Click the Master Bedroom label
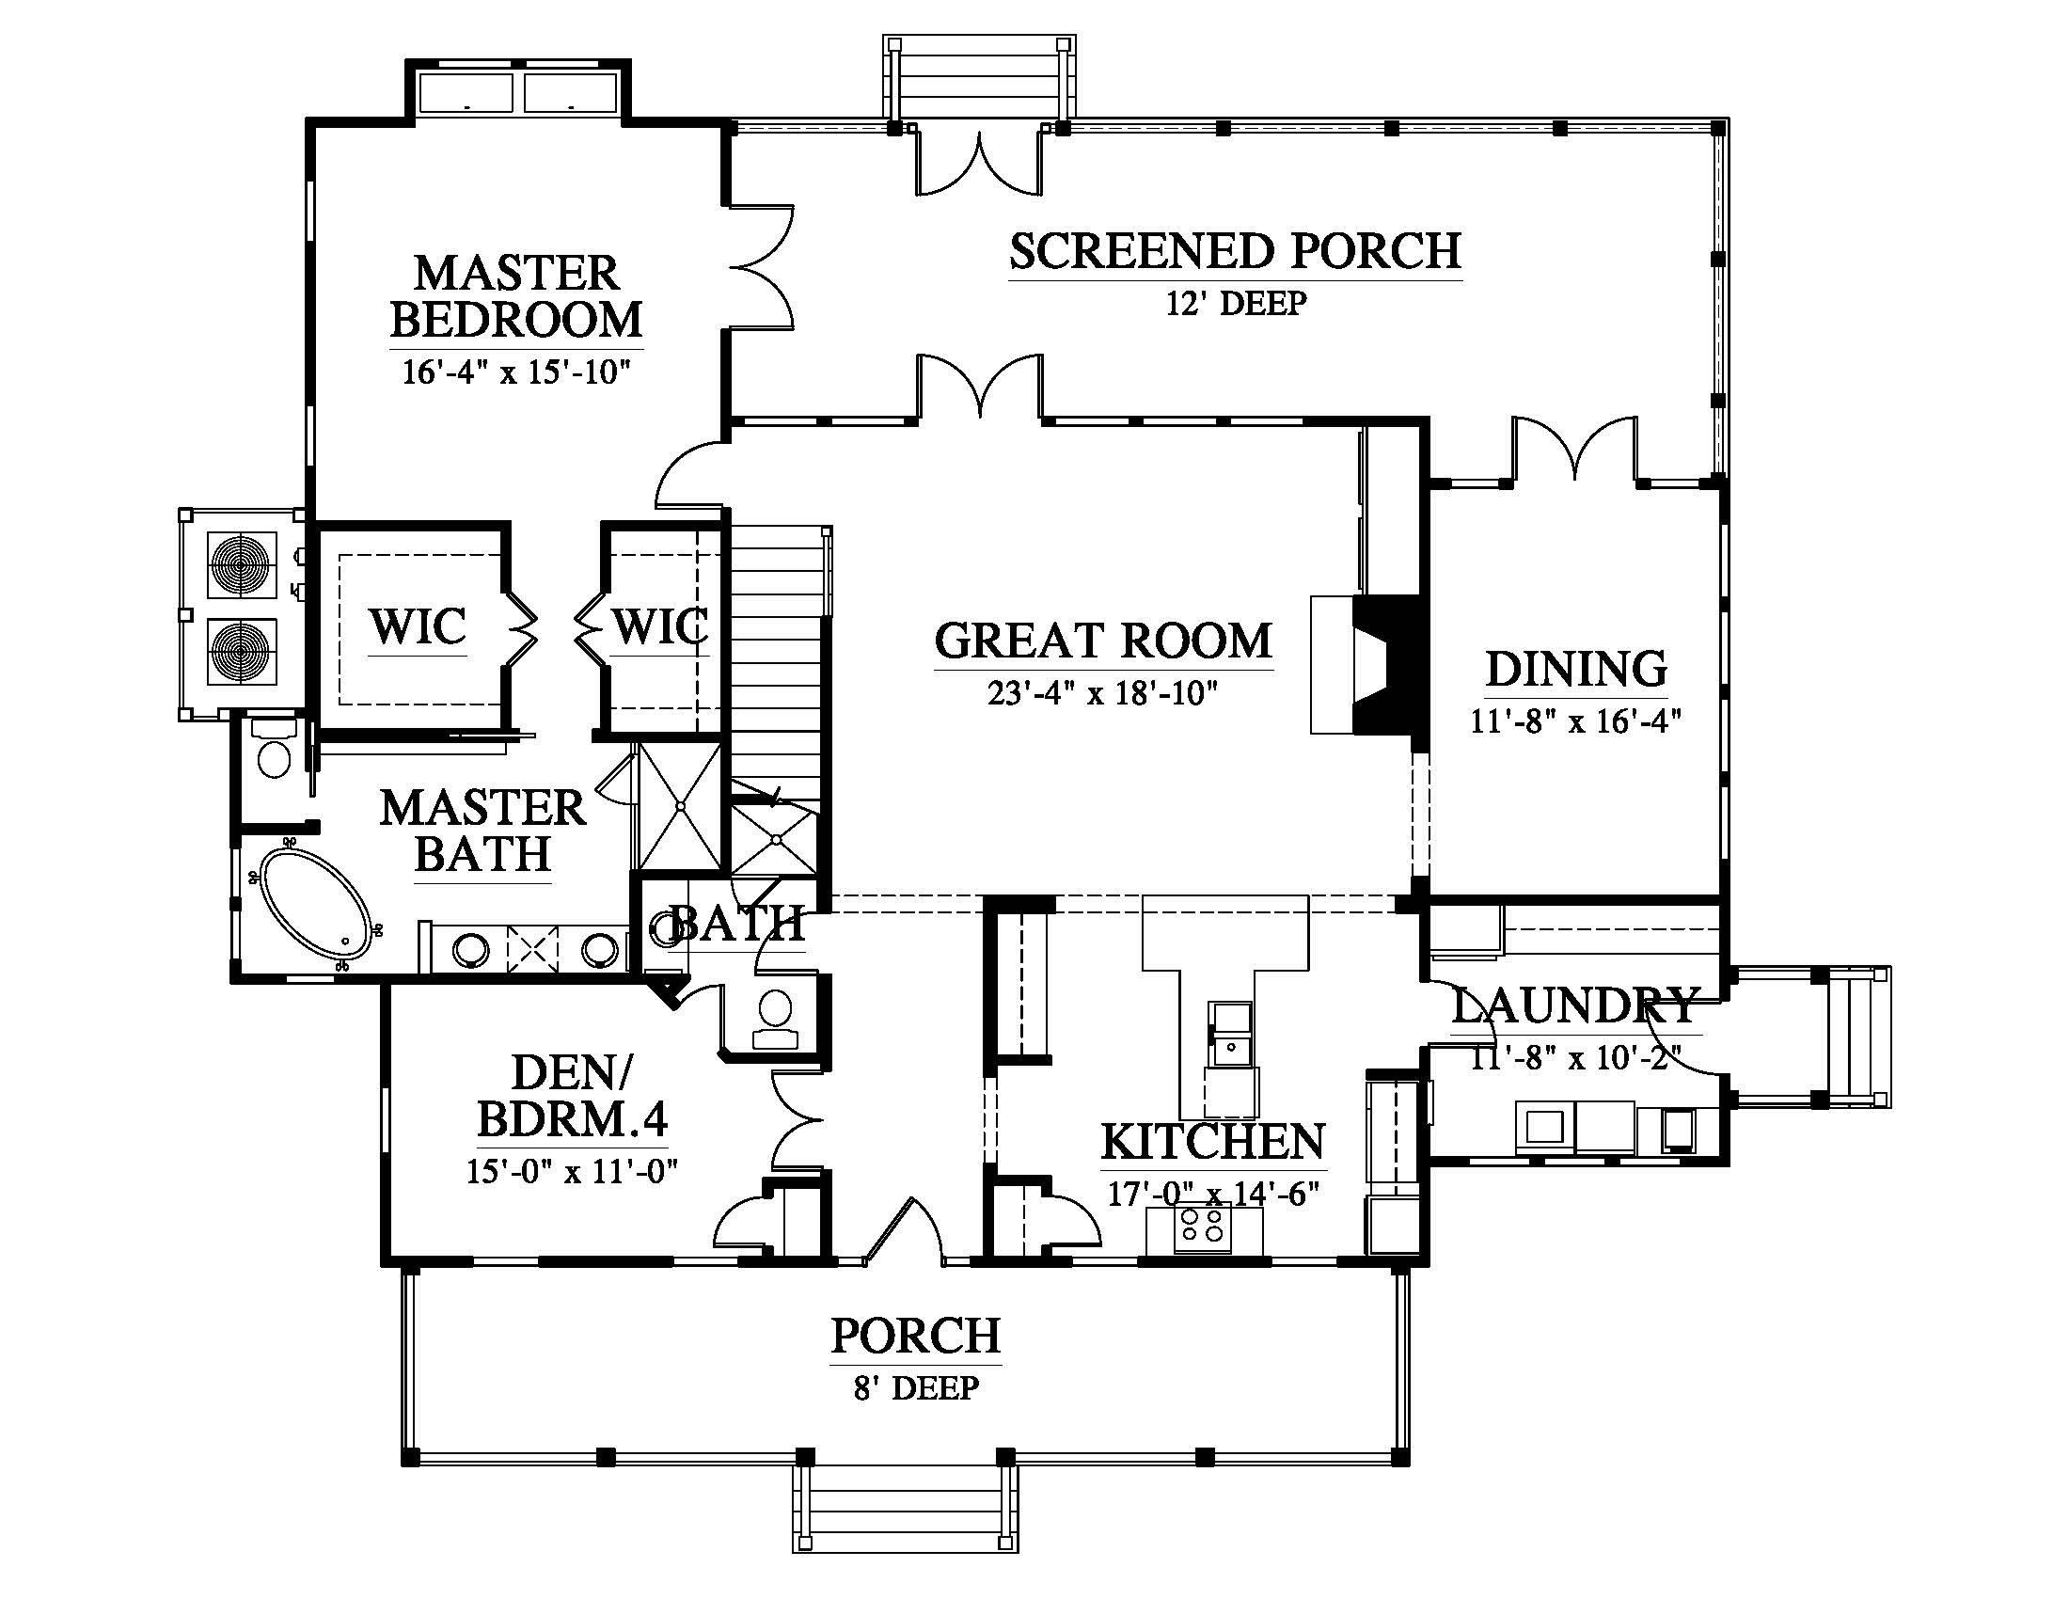click(516, 296)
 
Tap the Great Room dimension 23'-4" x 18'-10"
click(1102, 694)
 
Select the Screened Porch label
click(1235, 251)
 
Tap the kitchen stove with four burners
click(1201, 1228)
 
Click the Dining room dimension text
click(1575, 721)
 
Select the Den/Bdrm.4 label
click(572, 1096)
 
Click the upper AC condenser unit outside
click(242, 566)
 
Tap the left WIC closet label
click(418, 626)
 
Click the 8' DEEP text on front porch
click(915, 1387)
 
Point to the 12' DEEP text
click(1236, 303)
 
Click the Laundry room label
click(1574, 1006)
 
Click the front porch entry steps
click(906, 1511)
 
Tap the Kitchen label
click(1212, 1142)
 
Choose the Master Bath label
click(483, 831)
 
